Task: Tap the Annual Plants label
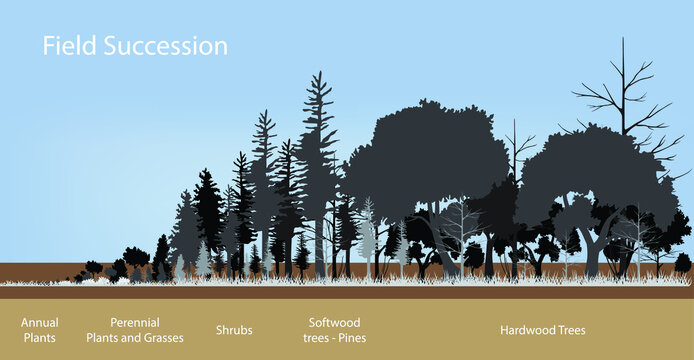[40, 330]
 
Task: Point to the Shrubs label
[234, 330]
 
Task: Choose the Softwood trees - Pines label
[334, 330]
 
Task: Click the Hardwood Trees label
[543, 330]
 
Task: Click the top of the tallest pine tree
[319, 76]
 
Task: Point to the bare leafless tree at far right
[623, 90]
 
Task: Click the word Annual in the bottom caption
[40, 322]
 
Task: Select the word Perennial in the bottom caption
[134, 322]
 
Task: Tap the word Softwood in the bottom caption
[334, 322]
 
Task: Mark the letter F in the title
[46, 46]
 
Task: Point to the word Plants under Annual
[40, 338]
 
